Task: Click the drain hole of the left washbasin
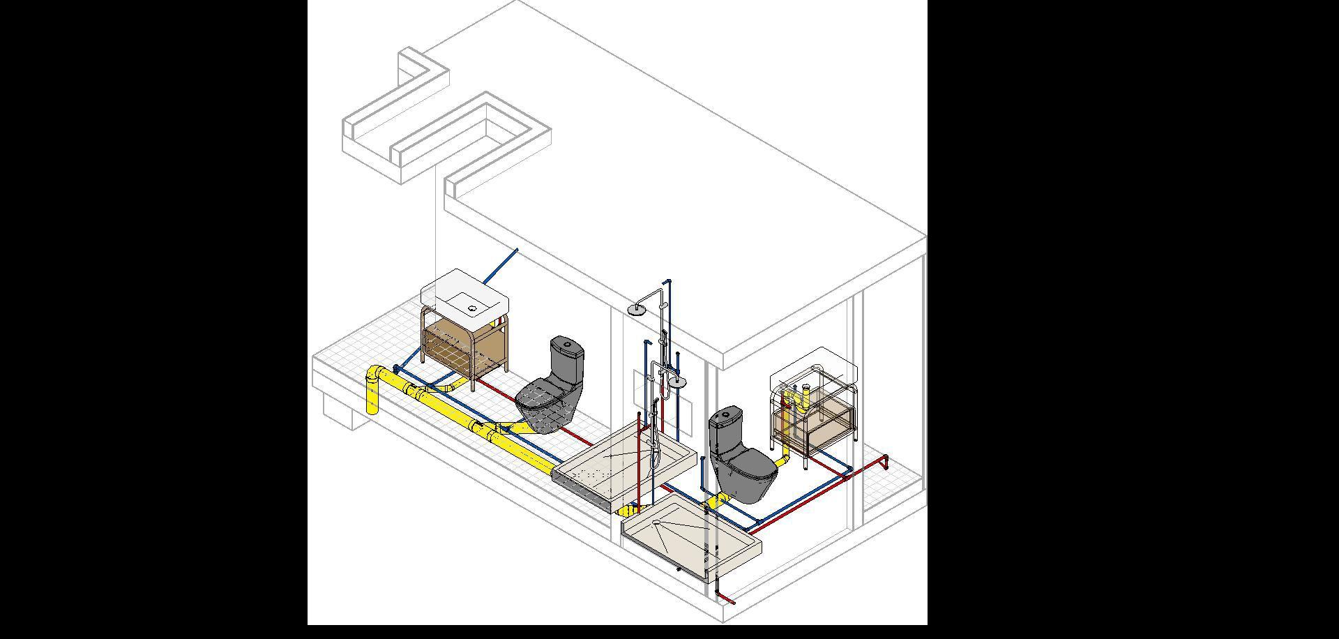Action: (x=472, y=308)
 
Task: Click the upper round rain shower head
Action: (x=637, y=310)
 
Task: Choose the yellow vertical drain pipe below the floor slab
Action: (x=372, y=401)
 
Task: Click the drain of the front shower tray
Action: (x=656, y=522)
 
